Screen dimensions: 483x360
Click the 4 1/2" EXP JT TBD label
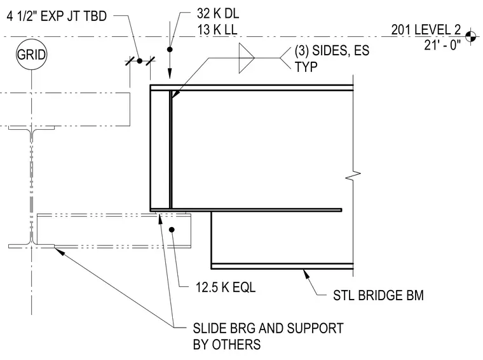pyautogui.click(x=57, y=16)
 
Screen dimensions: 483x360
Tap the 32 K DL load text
pyautogui.click(x=218, y=13)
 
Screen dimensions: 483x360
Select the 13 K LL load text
pyautogui.click(x=217, y=30)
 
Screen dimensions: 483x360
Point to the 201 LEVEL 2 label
pyautogui.click(x=426, y=30)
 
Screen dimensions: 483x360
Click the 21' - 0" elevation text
pyautogui.click(x=442, y=45)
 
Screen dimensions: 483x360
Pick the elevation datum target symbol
pyautogui.click(x=470, y=37)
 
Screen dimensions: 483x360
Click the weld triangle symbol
pyautogui.click(x=247, y=58)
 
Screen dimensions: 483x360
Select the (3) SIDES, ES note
pyautogui.click(x=332, y=50)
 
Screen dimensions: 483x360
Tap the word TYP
pyautogui.click(x=306, y=67)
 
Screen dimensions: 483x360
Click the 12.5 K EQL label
pyautogui.click(x=226, y=287)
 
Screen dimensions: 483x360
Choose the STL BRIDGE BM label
pyautogui.click(x=378, y=295)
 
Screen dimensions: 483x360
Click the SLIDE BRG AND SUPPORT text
pyautogui.click(x=268, y=328)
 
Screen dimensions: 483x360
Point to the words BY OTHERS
pyautogui.click(x=227, y=344)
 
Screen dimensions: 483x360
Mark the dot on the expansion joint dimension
pyautogui.click(x=140, y=61)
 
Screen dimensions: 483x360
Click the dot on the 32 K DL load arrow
pyautogui.click(x=170, y=50)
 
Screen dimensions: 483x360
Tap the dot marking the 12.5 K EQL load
pyautogui.click(x=172, y=230)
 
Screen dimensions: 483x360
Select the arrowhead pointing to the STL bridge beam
pyautogui.click(x=306, y=273)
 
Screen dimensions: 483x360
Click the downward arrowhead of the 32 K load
pyautogui.click(x=170, y=74)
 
